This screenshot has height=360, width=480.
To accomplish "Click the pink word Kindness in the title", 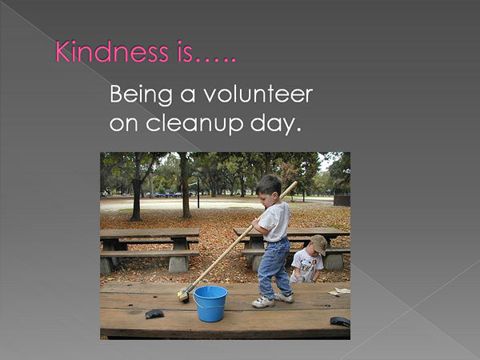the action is (x=112, y=51).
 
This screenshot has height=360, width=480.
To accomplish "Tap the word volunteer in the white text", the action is (x=258, y=94).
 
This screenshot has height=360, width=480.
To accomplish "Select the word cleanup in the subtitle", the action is (x=194, y=124).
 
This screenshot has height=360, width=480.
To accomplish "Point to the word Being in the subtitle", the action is (x=142, y=95).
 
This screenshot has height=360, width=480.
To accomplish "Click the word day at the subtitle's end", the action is (x=274, y=124).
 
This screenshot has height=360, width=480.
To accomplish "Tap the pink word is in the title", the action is (x=185, y=51).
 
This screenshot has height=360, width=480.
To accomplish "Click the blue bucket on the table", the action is (x=210, y=303).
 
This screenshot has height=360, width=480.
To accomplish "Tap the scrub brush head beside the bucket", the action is (x=184, y=296).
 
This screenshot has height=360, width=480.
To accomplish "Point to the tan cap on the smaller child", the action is (x=319, y=244).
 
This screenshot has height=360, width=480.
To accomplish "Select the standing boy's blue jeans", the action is (x=274, y=267).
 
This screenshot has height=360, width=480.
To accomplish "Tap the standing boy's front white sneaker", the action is (x=263, y=302).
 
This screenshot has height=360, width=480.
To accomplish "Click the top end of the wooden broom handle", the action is (x=295, y=183).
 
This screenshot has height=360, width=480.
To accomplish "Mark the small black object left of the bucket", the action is (x=154, y=314).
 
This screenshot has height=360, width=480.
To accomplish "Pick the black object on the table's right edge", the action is (x=340, y=322).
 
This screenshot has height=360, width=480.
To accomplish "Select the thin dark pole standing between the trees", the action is (x=198, y=194).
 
